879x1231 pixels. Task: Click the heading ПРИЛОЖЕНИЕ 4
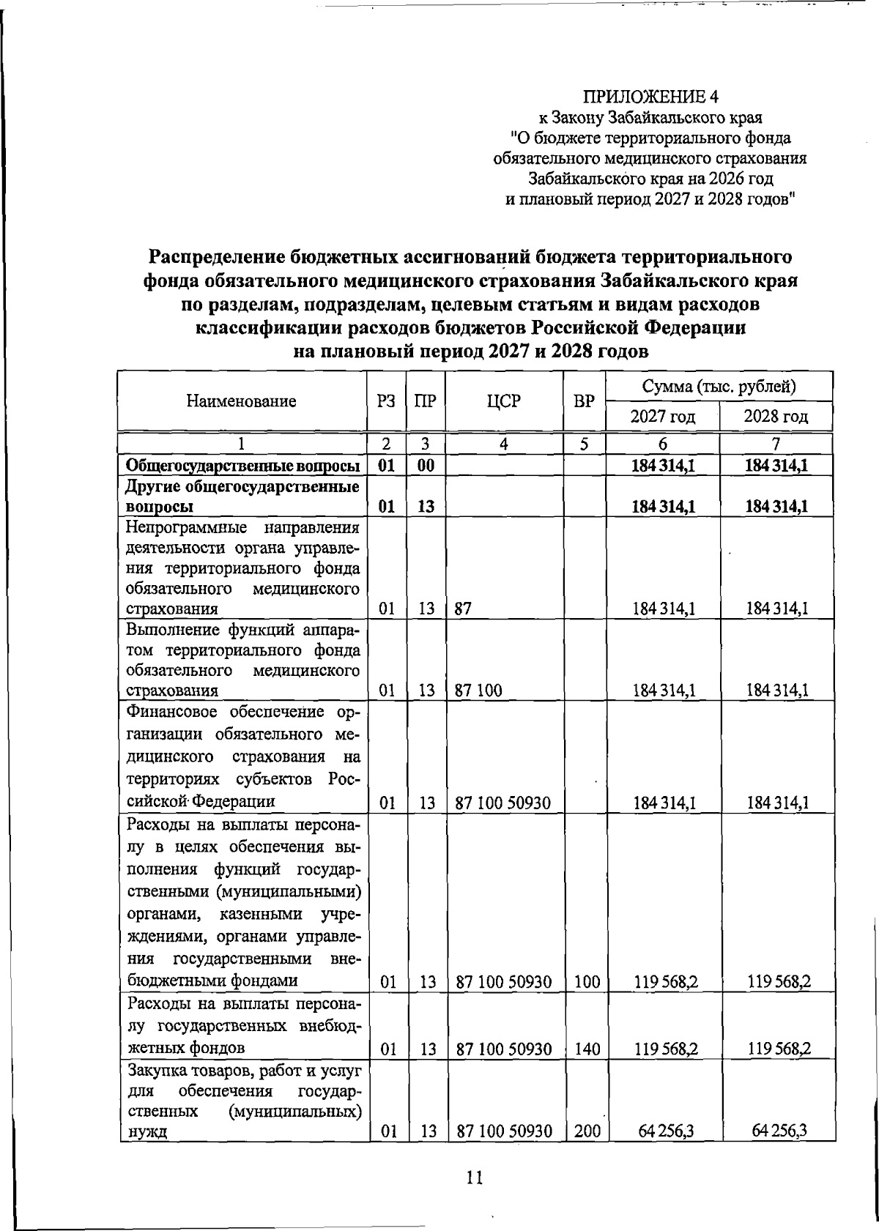651,97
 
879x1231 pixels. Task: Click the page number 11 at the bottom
474,1178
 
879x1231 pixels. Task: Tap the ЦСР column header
503,401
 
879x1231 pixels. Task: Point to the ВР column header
584,401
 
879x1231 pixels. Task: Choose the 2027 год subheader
663,417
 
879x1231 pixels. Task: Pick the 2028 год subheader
776,417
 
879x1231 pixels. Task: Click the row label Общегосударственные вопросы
242,466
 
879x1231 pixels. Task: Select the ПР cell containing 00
426,466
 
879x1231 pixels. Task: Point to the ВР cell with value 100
587,982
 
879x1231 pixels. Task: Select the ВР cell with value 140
587,1049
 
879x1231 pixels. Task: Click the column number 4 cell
504,444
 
